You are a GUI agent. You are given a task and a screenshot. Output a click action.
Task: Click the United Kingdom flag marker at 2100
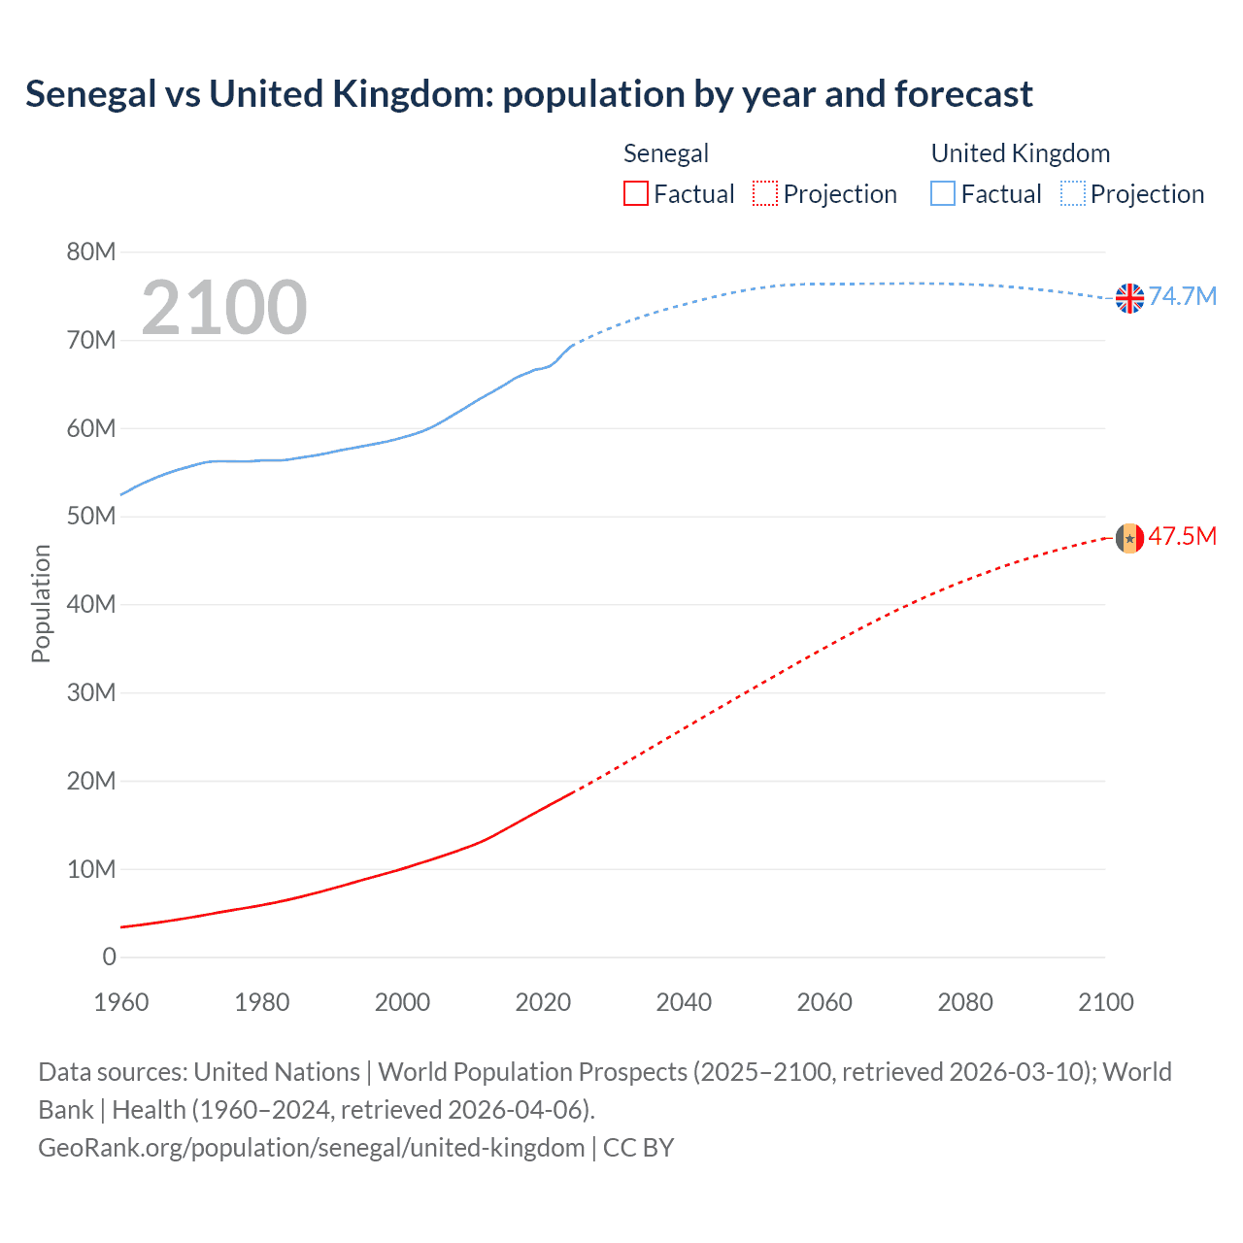[x=1129, y=298]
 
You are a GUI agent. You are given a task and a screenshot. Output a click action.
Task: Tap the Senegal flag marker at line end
[x=1129, y=538]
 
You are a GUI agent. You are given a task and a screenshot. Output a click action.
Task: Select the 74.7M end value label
[x=1183, y=296]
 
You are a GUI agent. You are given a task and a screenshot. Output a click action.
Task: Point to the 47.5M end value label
[x=1183, y=536]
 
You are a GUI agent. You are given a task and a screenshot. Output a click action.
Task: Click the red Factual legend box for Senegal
[x=635, y=194]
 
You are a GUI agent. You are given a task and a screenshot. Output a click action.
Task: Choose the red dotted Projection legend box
[x=765, y=194]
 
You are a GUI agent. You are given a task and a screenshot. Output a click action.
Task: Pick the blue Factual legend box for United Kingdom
[x=943, y=194]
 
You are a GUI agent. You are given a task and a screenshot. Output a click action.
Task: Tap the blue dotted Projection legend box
[x=1073, y=194]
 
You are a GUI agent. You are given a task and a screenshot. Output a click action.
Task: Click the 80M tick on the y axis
[x=91, y=252]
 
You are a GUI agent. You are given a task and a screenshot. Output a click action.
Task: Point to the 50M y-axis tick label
[x=91, y=517]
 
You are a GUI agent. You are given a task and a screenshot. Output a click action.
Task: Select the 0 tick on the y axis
[x=109, y=957]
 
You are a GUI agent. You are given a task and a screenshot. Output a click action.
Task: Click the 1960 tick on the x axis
[x=121, y=1002]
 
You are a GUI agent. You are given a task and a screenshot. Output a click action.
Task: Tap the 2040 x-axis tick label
[x=684, y=1002]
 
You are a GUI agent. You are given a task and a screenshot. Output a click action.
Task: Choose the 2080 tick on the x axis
[x=965, y=1002]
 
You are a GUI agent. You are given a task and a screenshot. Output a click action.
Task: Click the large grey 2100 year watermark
[x=224, y=308]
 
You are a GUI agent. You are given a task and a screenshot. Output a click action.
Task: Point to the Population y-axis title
[x=41, y=603]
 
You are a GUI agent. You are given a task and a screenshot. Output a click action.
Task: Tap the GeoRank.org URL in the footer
[x=311, y=1148]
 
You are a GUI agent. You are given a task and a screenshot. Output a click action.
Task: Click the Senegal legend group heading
[x=666, y=153]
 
